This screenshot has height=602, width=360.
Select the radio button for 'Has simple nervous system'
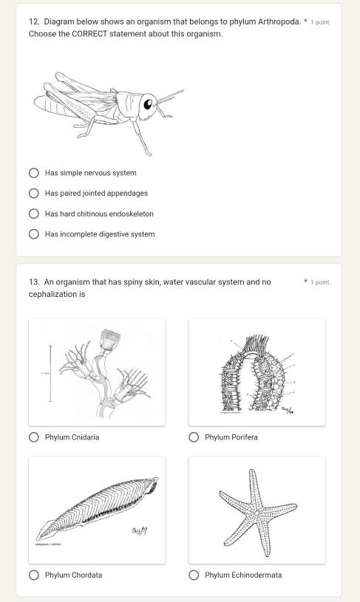35,173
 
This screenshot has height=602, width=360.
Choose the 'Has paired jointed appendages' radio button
35,194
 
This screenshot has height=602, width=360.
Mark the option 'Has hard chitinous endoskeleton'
35,214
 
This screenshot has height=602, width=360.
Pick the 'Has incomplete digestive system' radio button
35,234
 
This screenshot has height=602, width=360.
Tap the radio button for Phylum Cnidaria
35,437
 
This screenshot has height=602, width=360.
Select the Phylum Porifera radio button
194,437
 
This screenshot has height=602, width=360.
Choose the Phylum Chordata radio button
35,575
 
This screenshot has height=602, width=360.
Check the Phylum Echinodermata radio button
194,575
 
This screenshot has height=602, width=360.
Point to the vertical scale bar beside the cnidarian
50,374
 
